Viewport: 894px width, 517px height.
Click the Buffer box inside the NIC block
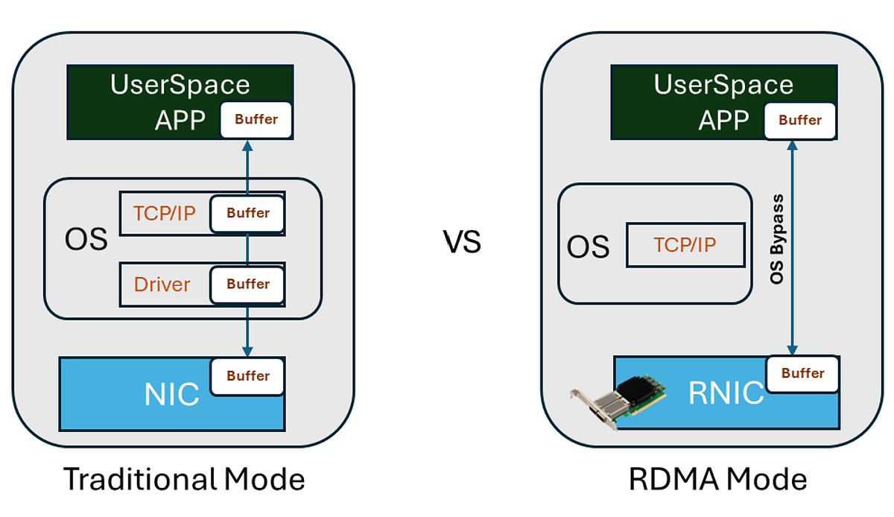(248, 376)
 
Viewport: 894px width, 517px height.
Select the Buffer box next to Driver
(248, 284)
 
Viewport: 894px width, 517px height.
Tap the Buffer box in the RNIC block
(802, 373)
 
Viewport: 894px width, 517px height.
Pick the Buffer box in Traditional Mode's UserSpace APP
(256, 119)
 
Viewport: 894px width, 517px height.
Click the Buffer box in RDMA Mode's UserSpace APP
(800, 119)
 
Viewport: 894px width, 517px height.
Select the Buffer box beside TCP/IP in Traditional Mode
(248, 213)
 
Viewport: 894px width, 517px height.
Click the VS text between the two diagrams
(462, 242)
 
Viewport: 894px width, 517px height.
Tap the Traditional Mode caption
(184, 479)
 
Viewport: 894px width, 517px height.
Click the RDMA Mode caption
(717, 479)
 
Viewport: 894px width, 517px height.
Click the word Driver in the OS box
(162, 284)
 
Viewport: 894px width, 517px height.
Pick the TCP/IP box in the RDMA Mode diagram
(685, 245)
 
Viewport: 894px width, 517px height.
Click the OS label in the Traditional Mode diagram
(86, 241)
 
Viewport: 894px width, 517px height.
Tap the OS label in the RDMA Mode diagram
(588, 246)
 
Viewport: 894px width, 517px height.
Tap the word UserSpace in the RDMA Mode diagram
(723, 84)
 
